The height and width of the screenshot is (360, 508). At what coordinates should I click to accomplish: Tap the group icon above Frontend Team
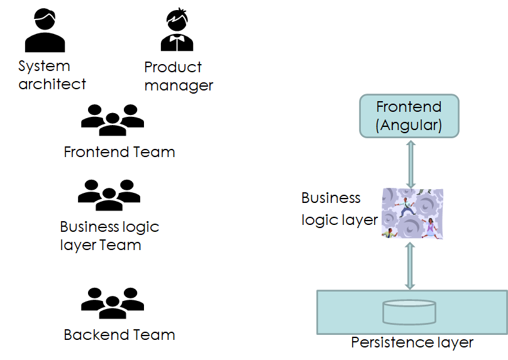pyautogui.click(x=113, y=120)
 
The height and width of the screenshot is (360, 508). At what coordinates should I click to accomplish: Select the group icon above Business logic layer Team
pyautogui.click(x=109, y=195)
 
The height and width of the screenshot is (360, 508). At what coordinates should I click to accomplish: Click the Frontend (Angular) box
pyautogui.click(x=409, y=116)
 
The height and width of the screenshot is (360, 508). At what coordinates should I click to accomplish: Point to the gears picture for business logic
pyautogui.click(x=412, y=214)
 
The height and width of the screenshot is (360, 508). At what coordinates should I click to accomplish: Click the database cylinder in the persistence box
pyautogui.click(x=409, y=312)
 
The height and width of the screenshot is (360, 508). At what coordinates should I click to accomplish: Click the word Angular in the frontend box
pyautogui.click(x=409, y=125)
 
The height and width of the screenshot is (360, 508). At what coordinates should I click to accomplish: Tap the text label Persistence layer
pyautogui.click(x=412, y=342)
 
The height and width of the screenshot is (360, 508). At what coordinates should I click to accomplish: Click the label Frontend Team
pyautogui.click(x=119, y=152)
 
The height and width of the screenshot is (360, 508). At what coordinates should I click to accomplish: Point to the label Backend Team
pyautogui.click(x=119, y=335)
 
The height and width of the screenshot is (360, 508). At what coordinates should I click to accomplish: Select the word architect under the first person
pyautogui.click(x=52, y=84)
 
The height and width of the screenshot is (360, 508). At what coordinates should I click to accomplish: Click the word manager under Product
pyautogui.click(x=179, y=85)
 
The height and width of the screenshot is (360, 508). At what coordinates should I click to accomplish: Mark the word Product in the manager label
pyautogui.click(x=173, y=67)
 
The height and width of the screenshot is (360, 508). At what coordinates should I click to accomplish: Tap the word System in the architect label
pyautogui.click(x=44, y=66)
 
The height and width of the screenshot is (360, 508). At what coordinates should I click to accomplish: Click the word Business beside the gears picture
pyautogui.click(x=331, y=198)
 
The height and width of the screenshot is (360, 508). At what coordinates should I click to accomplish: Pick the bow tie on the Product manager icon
pyautogui.click(x=177, y=38)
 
